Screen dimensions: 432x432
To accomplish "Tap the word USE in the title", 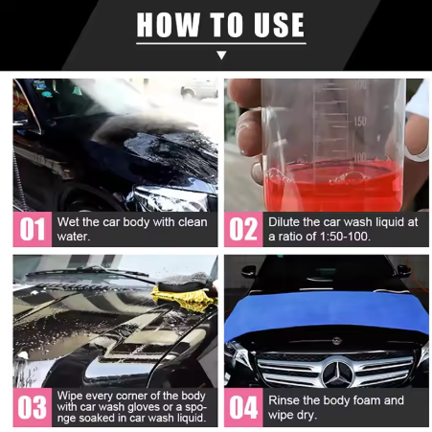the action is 279,25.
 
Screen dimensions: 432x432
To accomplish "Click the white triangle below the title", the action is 221,55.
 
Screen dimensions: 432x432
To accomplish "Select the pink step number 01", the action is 33,229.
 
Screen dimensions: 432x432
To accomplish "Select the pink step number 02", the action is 243,229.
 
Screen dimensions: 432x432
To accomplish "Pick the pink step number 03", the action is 33,407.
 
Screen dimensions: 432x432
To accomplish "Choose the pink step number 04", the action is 243,407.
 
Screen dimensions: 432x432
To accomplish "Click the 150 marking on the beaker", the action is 360,122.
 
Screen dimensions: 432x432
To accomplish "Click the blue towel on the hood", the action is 327,314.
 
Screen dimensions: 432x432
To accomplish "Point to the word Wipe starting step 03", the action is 69,396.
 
